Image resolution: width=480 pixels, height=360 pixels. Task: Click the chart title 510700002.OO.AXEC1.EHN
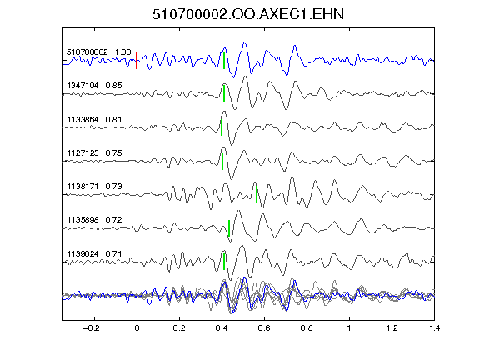coord(248,14)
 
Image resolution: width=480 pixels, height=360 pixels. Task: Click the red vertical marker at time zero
coord(137,60)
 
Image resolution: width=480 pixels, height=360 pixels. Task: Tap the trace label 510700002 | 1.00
coord(99,52)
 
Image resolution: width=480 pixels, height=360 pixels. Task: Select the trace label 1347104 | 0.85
coord(95,85)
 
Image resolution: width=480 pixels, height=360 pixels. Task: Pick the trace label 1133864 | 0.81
coord(95,119)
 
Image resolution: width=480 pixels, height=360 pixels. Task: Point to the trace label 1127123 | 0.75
coord(95,152)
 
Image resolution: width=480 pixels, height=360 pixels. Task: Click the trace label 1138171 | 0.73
coord(95,186)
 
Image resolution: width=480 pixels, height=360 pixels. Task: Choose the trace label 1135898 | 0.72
coord(95,220)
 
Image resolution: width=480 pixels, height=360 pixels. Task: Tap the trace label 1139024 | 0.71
coord(95,254)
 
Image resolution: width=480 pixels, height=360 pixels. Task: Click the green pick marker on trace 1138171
coord(257,194)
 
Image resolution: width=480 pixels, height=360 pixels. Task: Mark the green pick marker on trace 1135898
coord(229,228)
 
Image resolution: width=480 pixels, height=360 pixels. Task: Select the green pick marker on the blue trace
coord(224,60)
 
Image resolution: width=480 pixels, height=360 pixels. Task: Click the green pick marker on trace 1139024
coord(224,262)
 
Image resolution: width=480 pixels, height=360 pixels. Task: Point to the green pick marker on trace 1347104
coord(224,93)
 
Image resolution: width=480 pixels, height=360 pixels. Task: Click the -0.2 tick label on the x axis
coord(92,328)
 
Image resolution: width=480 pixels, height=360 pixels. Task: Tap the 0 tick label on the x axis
coord(137,328)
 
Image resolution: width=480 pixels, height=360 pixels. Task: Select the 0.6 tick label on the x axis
coord(264,328)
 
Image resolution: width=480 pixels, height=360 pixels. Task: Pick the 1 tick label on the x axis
coord(349,328)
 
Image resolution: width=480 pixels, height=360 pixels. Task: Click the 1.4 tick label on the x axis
coord(434,328)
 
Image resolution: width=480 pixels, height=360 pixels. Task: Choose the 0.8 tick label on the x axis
coord(307,328)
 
